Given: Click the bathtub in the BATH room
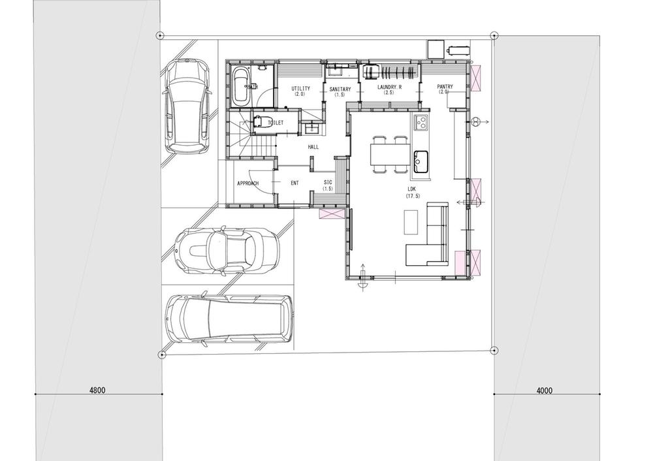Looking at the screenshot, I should tap(240, 86).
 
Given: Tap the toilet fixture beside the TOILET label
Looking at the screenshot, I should tap(261, 122).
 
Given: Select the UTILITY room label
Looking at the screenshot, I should tap(301, 89).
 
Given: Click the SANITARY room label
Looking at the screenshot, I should tap(340, 89).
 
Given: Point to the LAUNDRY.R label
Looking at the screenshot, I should tap(389, 87).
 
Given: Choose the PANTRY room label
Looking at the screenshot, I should tap(445, 87).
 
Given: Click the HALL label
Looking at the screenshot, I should tap(313, 148).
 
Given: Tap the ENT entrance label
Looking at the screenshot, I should tap(295, 183).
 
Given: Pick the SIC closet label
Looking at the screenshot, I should tap(328, 183).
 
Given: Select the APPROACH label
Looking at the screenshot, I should tap(248, 183).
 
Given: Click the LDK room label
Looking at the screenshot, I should tap(412, 190).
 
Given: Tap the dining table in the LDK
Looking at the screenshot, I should tap(390, 155).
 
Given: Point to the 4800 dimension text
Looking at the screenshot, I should tap(97, 390).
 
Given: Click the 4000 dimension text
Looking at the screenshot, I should tap(544, 391).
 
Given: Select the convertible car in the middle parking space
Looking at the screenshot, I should tap(227, 251).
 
